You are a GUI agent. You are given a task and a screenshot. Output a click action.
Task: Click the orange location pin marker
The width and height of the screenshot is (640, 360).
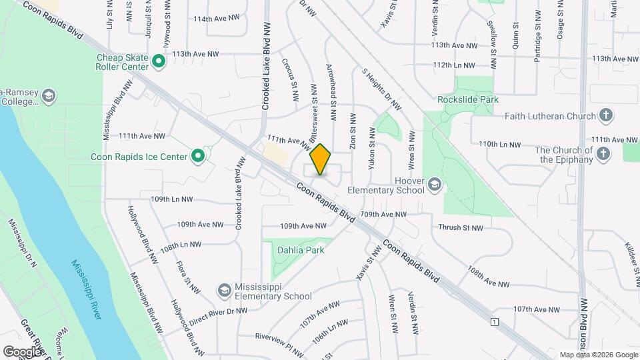pyautogui.click(x=321, y=159)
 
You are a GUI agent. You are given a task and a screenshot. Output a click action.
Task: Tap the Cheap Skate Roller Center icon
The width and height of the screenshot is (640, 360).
pyautogui.click(x=159, y=62)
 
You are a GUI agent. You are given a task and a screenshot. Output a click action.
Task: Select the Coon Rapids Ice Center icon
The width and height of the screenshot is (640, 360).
pyautogui.click(x=198, y=157)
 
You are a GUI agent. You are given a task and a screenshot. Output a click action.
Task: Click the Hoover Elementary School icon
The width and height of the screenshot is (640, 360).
pyautogui.click(x=435, y=185)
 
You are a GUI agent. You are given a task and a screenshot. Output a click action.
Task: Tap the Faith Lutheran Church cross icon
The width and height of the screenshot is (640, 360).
pyautogui.click(x=605, y=115)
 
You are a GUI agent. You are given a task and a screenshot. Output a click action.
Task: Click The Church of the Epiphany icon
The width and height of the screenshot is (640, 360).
pyautogui.click(x=603, y=155)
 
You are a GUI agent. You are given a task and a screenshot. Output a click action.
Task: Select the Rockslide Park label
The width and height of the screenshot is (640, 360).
pyautogui.click(x=468, y=99)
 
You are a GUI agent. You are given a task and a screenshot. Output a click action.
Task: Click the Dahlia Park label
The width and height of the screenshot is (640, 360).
pyautogui.click(x=300, y=251)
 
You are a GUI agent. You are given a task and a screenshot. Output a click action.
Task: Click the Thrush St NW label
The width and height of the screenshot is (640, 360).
pyautogui.click(x=460, y=228)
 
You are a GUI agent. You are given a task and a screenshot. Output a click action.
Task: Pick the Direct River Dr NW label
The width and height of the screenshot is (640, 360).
pyautogui.click(x=218, y=314)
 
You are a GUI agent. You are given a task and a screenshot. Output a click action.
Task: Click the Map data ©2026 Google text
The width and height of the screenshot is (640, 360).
pyautogui.click(x=599, y=355)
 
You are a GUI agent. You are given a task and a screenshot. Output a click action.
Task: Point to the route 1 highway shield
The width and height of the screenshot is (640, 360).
pyautogui.click(x=494, y=322)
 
